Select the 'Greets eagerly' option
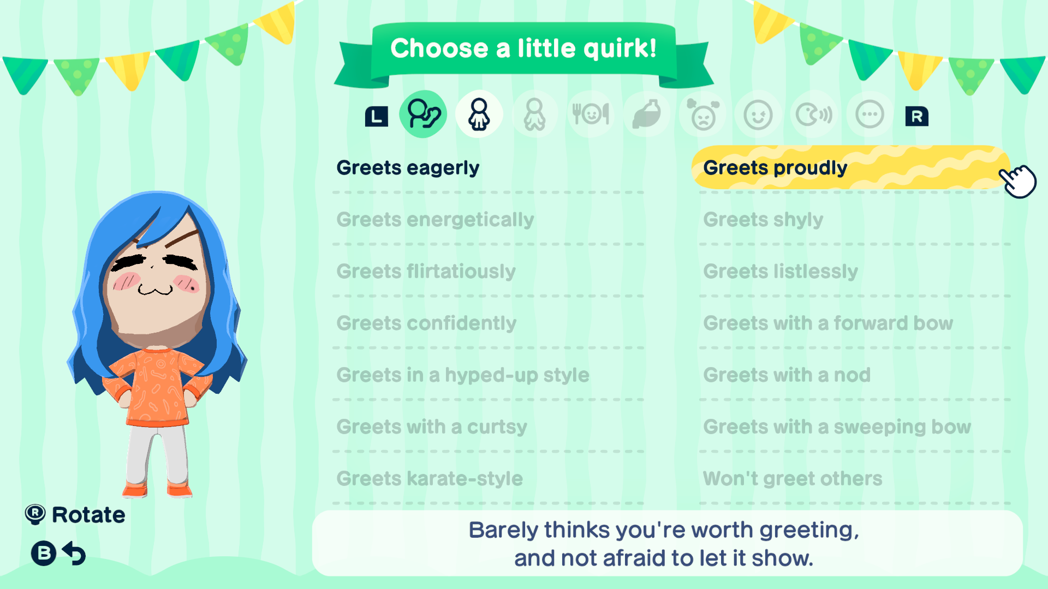(408, 168)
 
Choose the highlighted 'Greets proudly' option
(775, 168)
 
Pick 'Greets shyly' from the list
(763, 220)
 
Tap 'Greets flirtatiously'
(426, 271)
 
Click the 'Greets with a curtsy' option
(432, 426)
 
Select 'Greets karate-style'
(430, 478)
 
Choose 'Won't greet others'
(793, 478)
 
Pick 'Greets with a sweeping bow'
(837, 426)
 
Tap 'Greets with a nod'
(787, 375)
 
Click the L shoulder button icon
(377, 116)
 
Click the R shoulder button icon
(917, 116)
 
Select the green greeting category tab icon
(423, 114)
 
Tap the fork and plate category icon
(591, 114)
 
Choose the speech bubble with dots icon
(870, 115)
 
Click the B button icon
(44, 553)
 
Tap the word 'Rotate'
(88, 515)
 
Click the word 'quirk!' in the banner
(620, 49)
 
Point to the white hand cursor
(1018, 181)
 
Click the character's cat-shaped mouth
(156, 289)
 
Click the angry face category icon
(703, 114)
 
